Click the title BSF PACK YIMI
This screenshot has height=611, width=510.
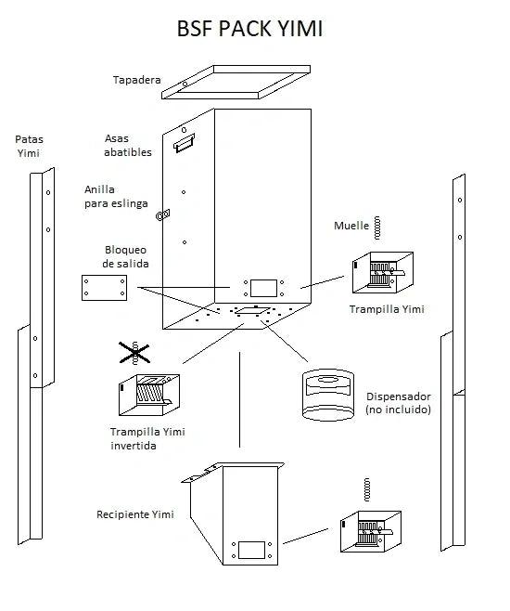tap(249, 29)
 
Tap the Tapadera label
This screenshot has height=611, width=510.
tap(136, 80)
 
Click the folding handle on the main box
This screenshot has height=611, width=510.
tap(184, 143)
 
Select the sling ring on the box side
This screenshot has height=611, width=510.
tap(163, 214)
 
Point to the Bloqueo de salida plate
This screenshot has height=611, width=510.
tap(104, 288)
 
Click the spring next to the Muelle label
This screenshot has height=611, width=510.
tap(376, 227)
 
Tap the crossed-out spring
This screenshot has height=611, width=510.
tap(134, 353)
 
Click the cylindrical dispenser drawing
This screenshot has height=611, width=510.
tap(328, 395)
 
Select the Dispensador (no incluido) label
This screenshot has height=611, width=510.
tap(399, 403)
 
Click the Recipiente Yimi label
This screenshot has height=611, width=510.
tap(135, 514)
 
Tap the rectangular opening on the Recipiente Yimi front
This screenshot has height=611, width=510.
tap(251, 550)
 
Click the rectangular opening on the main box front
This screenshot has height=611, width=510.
tap(263, 288)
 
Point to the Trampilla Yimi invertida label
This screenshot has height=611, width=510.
tap(147, 439)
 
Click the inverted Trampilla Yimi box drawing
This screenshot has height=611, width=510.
tap(149, 395)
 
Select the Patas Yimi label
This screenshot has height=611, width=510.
tap(29, 146)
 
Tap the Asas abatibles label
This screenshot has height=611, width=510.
tap(128, 146)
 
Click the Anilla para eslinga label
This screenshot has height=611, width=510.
tap(116, 197)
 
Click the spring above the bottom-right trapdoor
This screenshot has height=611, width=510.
tap(366, 489)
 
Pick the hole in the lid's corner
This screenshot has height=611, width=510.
tap(185, 84)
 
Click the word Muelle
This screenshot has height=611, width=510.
tap(351, 226)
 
